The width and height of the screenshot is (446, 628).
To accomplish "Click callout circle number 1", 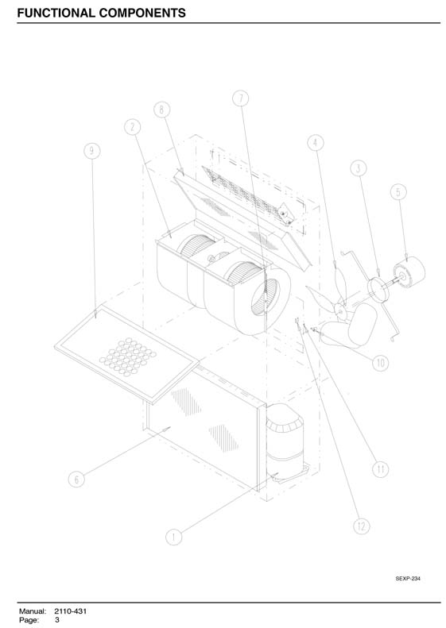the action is pos(173,537).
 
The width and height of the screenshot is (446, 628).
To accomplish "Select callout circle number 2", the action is pos(132,127).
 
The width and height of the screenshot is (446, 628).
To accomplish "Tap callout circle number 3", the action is pos(359,168).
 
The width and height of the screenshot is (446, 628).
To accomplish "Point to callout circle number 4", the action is pos(316,143).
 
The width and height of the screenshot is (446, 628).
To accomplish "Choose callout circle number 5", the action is pos(398,192).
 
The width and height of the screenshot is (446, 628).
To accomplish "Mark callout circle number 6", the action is pos(76,479).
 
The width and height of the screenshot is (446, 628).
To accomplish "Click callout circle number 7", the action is pos(241,98).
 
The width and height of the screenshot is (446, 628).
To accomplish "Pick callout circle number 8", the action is pos(161,110).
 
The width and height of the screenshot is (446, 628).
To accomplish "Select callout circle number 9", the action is pos(92,151).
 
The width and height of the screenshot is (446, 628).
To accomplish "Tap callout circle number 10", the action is pos(380,364).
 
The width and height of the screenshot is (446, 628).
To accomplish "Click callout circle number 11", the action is pos(380,469).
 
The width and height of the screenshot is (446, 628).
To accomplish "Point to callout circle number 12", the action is pos(362,526).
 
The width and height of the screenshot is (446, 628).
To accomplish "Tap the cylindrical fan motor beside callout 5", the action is pos(409,271).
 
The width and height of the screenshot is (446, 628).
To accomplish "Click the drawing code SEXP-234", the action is pos(408,578).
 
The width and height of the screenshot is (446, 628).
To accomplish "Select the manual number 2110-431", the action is pos(71,611).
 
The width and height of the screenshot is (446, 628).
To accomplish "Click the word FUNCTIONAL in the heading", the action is pos(56,13).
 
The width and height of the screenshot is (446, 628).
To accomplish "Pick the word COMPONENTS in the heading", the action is pos(142,13).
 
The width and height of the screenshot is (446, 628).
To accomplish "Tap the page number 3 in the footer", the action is pos(57,620).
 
